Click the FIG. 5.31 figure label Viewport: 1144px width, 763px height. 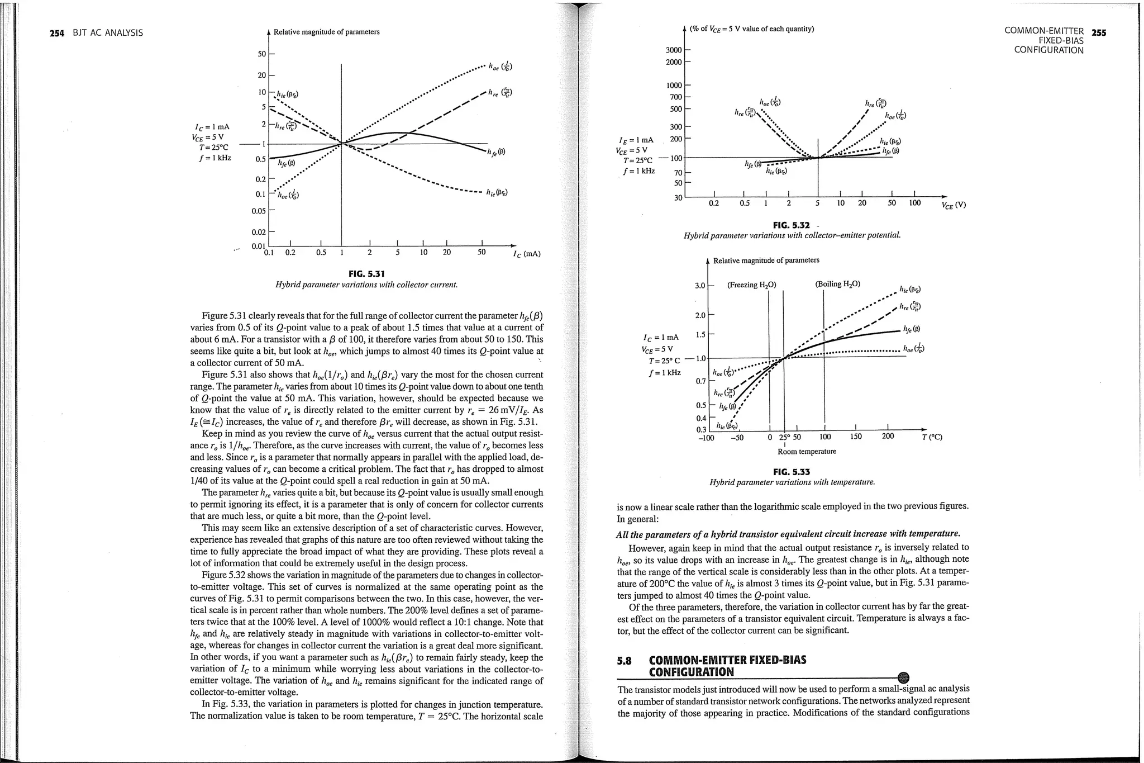click(366, 273)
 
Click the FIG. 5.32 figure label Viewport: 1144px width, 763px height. click(791, 225)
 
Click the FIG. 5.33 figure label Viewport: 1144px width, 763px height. click(792, 472)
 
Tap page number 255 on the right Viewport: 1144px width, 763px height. click(1099, 32)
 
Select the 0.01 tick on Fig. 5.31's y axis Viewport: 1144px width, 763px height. click(258, 246)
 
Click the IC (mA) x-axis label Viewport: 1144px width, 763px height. click(526, 254)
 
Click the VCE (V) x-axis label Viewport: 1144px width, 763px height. click(953, 205)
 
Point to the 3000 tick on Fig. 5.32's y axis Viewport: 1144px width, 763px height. click(673, 50)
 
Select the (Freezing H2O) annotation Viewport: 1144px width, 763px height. click(751, 285)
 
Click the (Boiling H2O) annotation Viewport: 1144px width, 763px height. click(837, 284)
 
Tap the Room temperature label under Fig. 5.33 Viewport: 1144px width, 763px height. click(807, 452)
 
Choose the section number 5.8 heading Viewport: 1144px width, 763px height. click(625, 660)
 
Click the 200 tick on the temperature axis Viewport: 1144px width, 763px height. click(888, 437)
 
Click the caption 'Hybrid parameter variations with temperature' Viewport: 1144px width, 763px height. click(792, 482)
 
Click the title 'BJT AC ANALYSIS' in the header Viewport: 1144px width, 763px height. click(108, 33)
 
